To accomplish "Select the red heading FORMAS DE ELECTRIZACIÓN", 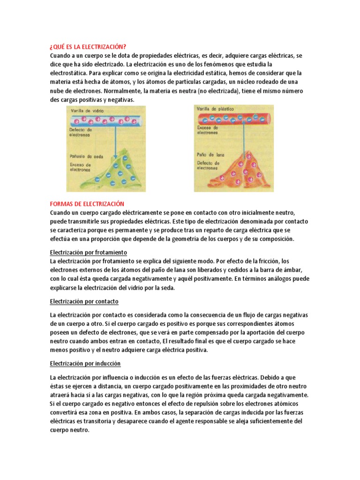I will click(87, 204).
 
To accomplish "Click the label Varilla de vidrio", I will click(88, 110).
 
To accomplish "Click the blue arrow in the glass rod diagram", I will click(115, 141).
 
